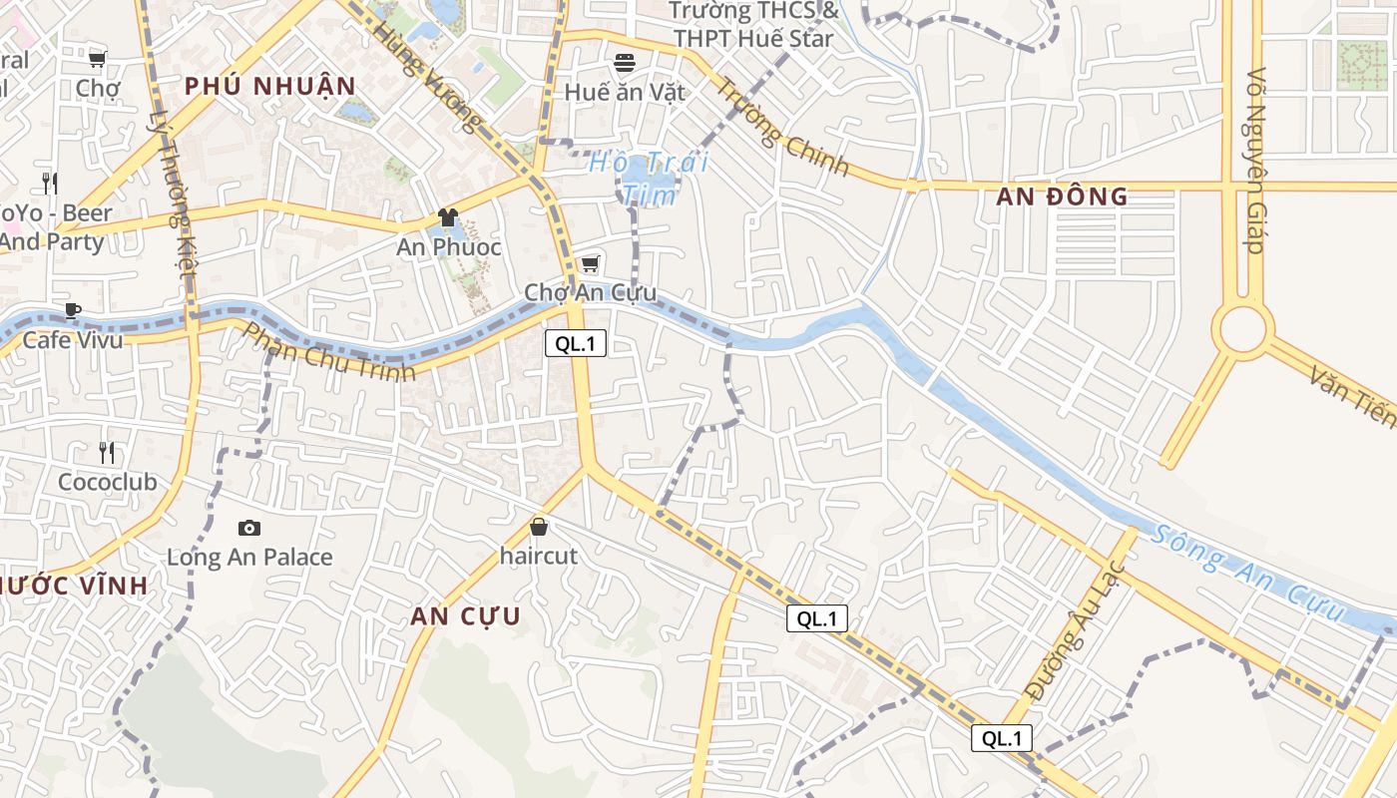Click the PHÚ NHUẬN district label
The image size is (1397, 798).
[269, 86]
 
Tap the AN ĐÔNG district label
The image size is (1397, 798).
[1062, 197]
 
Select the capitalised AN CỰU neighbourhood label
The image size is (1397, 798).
[465, 616]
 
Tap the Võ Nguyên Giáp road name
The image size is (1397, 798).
[1255, 160]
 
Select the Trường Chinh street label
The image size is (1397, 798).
[783, 128]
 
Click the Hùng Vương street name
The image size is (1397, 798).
[427, 78]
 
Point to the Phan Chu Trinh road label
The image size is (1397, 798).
[328, 352]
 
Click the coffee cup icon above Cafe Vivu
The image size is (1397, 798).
[72, 310]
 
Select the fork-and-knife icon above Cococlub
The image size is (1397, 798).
[107, 453]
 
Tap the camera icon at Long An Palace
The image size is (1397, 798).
[249, 528]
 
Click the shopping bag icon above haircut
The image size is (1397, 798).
[539, 526]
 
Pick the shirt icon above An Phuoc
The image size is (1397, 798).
[448, 216]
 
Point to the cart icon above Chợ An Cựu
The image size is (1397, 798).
[590, 263]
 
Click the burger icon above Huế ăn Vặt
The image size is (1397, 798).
[625, 63]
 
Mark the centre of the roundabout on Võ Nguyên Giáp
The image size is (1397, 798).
[1243, 329]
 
